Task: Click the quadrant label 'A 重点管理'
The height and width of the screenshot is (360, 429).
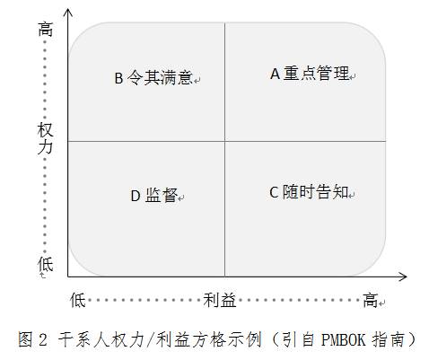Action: [310, 74]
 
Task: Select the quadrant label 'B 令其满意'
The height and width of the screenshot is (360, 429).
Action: [153, 78]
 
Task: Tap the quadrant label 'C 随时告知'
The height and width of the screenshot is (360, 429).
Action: [309, 192]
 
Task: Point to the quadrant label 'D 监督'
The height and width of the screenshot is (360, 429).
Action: [154, 196]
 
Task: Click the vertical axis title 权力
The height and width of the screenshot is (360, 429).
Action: [45, 138]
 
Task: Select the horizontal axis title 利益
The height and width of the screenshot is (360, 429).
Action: [220, 300]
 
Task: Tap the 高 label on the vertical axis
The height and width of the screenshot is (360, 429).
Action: [45, 30]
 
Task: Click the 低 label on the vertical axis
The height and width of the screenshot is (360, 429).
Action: [45, 264]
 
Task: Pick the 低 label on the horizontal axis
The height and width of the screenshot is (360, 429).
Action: [78, 300]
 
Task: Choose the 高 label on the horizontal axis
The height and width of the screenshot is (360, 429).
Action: [370, 300]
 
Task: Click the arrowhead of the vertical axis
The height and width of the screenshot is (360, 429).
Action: [68, 12]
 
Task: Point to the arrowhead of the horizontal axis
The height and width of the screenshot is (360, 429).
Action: [403, 277]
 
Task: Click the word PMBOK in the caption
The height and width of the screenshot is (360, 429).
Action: [344, 339]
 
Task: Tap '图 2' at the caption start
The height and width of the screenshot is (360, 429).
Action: [32, 339]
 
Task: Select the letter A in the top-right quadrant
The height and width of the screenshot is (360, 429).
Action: [275, 74]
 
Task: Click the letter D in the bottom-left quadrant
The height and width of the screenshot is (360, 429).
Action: [136, 196]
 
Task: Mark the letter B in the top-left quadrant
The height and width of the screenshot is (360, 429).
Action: [118, 78]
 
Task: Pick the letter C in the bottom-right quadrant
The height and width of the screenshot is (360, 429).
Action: [274, 192]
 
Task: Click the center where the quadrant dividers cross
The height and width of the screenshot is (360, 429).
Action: [225, 141]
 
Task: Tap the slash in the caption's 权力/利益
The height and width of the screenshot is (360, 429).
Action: [147, 340]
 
